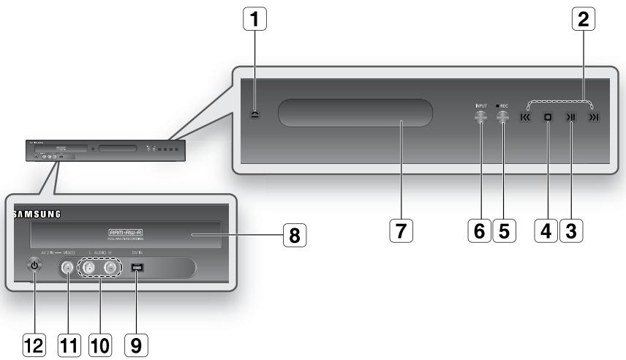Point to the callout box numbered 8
293,236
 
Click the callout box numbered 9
140,342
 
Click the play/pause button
571,116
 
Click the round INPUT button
480,116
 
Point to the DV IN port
137,269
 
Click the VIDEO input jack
67,269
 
